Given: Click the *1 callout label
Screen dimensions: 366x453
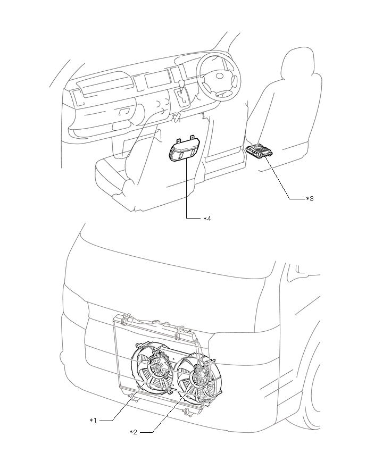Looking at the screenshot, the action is (93, 421).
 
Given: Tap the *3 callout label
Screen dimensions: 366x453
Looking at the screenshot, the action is (310, 198).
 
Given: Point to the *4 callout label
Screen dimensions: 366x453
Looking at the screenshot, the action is (207, 218).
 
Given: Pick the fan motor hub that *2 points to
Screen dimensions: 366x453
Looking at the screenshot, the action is (197, 379).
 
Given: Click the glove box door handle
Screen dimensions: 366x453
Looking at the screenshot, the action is (123, 112).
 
